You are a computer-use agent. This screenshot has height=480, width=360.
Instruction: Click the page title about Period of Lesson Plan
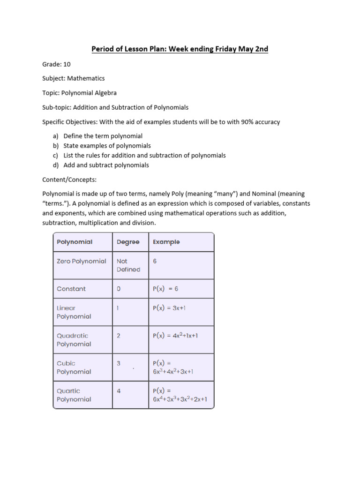click(180, 49)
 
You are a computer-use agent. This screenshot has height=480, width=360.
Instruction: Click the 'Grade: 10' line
click(56, 64)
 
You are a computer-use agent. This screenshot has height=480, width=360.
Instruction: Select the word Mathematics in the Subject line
click(88, 78)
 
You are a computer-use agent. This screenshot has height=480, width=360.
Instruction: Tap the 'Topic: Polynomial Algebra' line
click(79, 93)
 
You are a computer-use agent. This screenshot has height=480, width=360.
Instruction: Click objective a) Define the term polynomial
click(103, 136)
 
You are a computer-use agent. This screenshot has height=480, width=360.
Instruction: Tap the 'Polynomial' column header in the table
click(75, 242)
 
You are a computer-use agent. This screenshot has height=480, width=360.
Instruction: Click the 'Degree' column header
click(128, 242)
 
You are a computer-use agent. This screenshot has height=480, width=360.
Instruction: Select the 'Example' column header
click(166, 242)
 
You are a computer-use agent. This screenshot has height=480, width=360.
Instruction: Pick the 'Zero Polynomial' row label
click(81, 261)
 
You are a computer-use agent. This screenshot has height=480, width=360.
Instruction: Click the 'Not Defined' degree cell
click(128, 265)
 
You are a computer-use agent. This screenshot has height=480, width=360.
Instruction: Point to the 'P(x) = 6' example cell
click(165, 289)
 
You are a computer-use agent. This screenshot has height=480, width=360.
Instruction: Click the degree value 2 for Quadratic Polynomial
click(119, 336)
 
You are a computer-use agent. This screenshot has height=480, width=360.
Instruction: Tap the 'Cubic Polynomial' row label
click(74, 367)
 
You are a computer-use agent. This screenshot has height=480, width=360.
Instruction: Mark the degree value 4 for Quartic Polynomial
click(119, 391)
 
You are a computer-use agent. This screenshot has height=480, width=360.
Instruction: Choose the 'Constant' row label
click(71, 289)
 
